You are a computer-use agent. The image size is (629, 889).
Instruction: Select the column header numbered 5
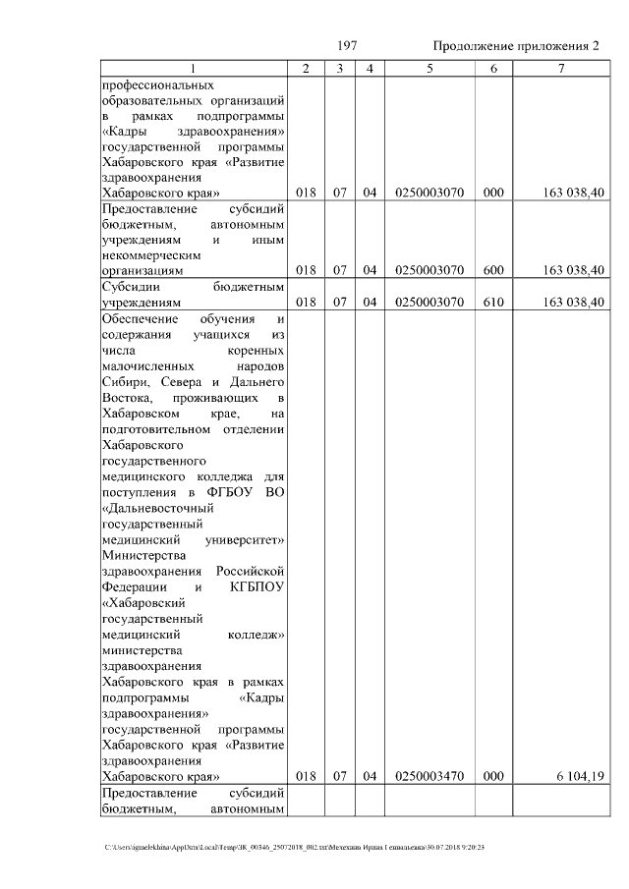point(429,69)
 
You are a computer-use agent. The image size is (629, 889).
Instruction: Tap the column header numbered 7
point(560,69)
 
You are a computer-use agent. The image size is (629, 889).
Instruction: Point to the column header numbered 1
point(193,69)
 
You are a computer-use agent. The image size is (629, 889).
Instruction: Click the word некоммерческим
point(148,252)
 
